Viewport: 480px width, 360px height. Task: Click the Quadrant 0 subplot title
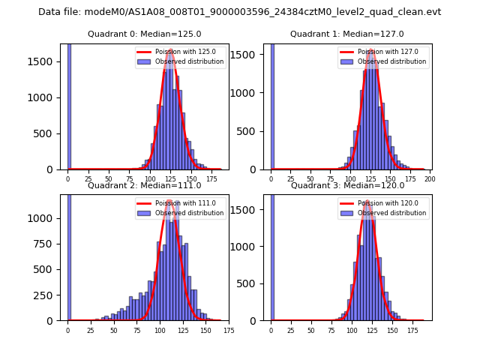click(x=144, y=34)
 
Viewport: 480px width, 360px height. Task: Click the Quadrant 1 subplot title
click(x=346, y=34)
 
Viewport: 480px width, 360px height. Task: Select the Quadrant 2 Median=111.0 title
click(x=144, y=185)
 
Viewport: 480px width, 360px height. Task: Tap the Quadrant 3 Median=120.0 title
click(x=346, y=185)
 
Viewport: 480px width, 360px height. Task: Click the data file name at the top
click(x=240, y=12)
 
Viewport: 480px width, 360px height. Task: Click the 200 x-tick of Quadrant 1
click(x=430, y=179)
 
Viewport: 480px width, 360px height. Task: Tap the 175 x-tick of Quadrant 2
click(x=229, y=330)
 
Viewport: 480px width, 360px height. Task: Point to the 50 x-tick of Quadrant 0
click(x=109, y=179)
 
